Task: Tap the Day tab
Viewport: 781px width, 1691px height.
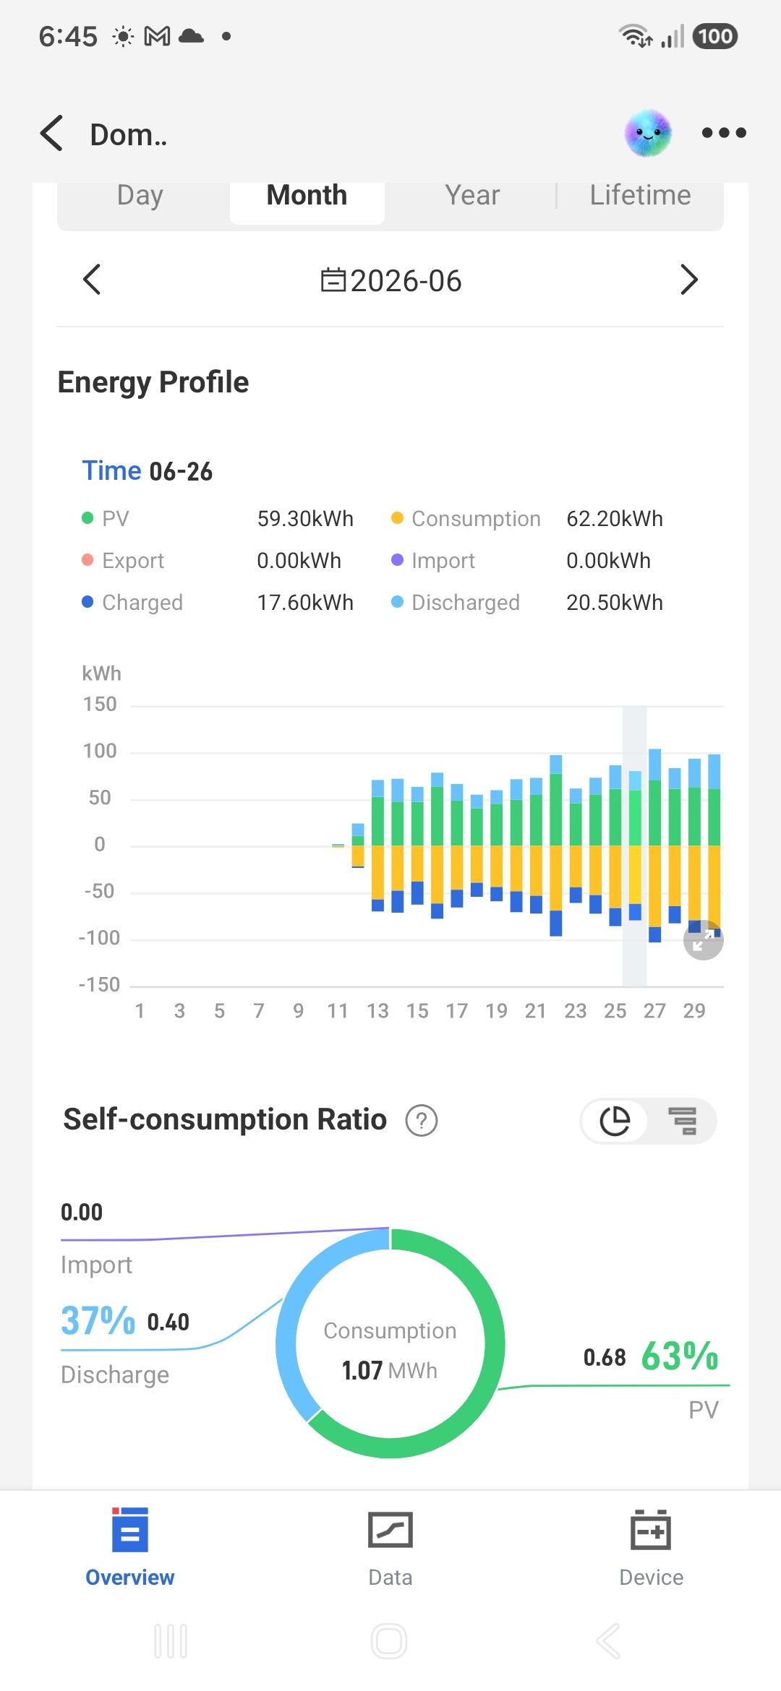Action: click(140, 195)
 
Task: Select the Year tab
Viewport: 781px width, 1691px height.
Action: click(472, 195)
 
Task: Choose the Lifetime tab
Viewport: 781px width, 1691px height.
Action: click(640, 195)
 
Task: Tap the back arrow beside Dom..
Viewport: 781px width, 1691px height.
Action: click(52, 134)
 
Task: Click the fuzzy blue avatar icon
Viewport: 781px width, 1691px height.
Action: click(648, 134)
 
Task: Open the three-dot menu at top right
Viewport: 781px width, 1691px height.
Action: click(724, 133)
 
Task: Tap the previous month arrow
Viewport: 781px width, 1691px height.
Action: click(92, 280)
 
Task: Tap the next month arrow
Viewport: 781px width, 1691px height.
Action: click(689, 280)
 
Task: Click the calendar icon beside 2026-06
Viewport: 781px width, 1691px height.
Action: click(333, 280)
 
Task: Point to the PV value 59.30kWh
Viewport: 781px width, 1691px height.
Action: click(305, 519)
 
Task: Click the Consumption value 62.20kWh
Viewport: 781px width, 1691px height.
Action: click(615, 519)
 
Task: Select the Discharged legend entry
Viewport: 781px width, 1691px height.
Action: click(456, 603)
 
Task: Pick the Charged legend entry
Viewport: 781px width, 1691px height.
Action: click(133, 603)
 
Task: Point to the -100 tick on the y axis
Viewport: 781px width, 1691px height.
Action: click(99, 938)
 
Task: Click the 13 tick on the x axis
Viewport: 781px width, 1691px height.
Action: click(377, 1011)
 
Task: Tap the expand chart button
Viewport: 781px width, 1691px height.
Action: click(704, 940)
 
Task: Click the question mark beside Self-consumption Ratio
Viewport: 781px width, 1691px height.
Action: click(422, 1121)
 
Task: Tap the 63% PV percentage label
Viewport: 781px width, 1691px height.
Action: click(680, 1356)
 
